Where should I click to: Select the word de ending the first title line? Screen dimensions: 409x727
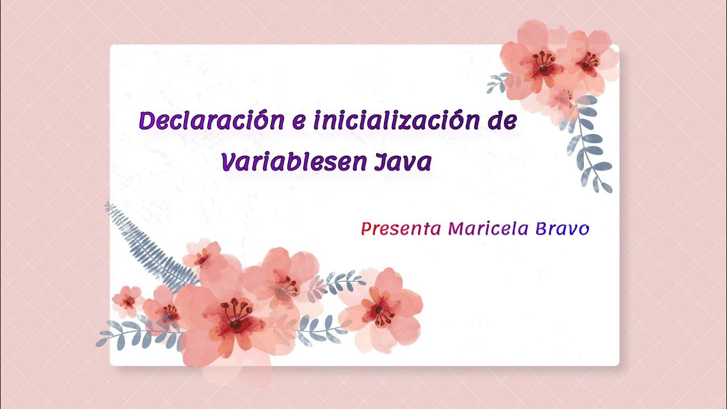click(501, 121)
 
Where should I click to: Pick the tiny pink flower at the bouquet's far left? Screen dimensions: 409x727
click(127, 299)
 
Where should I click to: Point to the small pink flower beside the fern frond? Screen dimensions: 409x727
click(203, 257)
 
